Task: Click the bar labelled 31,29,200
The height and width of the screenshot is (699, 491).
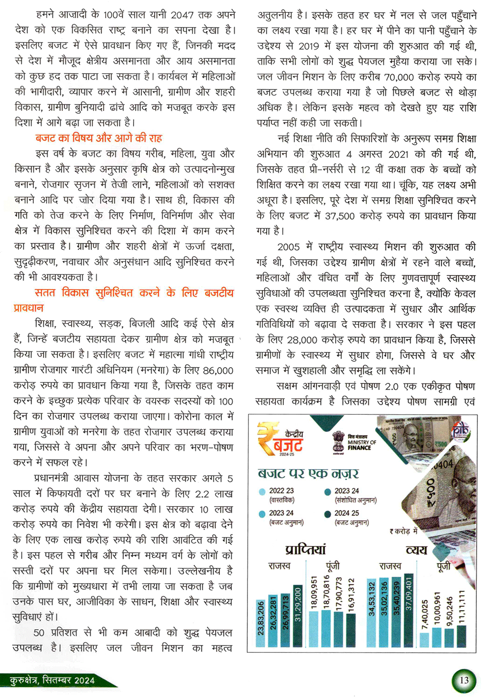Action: (298, 616)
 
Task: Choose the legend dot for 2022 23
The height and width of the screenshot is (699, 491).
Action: (262, 491)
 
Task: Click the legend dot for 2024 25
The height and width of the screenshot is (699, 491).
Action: (327, 514)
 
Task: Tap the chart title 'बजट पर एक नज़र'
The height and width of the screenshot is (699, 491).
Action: (308, 474)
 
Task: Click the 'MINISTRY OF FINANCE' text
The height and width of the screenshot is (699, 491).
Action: (362, 445)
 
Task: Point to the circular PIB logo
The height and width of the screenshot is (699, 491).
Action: (461, 430)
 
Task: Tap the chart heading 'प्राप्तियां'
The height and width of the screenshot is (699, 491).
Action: (305, 549)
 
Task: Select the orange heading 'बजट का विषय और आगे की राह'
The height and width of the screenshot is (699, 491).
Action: (99, 138)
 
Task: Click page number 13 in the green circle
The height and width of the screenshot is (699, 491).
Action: (464, 680)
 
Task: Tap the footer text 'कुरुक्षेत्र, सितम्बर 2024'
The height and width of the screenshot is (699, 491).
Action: (52, 680)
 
